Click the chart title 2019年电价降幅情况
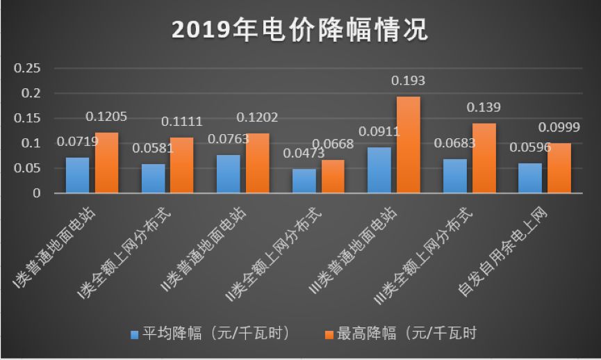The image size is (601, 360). pyautogui.click(x=300, y=30)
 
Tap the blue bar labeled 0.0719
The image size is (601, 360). pyautogui.click(x=77, y=175)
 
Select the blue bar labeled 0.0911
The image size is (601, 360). pyautogui.click(x=379, y=170)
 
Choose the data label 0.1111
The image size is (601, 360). pyautogui.click(x=181, y=122)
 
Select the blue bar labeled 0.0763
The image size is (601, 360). pyautogui.click(x=228, y=174)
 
